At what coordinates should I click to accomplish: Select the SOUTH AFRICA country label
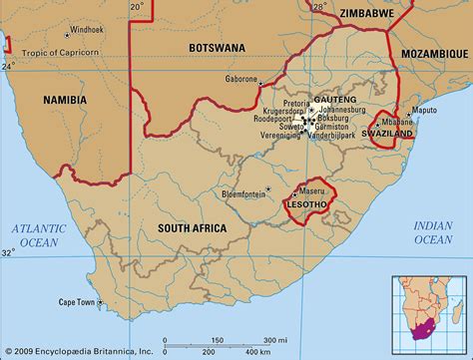point(192,228)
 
